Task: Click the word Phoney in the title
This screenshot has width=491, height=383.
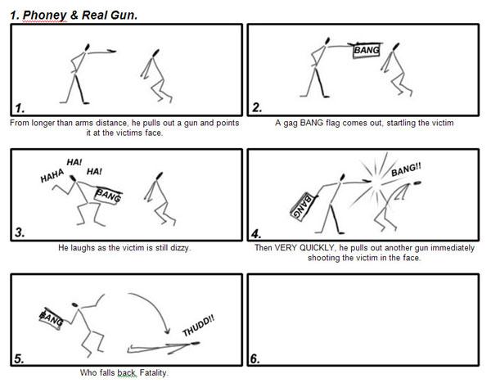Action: point(45,16)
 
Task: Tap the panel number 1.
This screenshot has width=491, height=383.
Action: point(20,108)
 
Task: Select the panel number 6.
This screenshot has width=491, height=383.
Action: point(255,359)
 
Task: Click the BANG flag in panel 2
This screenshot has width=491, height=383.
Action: point(366,50)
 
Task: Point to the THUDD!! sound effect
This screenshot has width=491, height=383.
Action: point(199,326)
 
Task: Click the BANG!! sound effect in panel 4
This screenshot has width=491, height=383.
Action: point(406,169)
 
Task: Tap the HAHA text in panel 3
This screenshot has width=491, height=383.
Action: point(52,176)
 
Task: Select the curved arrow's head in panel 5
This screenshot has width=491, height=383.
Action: point(167,331)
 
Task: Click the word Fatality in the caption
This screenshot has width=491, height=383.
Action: point(154,372)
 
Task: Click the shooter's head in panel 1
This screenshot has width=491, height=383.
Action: point(87,47)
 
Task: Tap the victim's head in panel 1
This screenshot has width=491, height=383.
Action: point(155,53)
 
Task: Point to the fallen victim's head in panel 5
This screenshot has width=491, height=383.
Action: point(195,344)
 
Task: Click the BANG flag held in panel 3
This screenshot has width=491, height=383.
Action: point(108,195)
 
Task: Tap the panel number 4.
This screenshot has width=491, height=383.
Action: point(255,234)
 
